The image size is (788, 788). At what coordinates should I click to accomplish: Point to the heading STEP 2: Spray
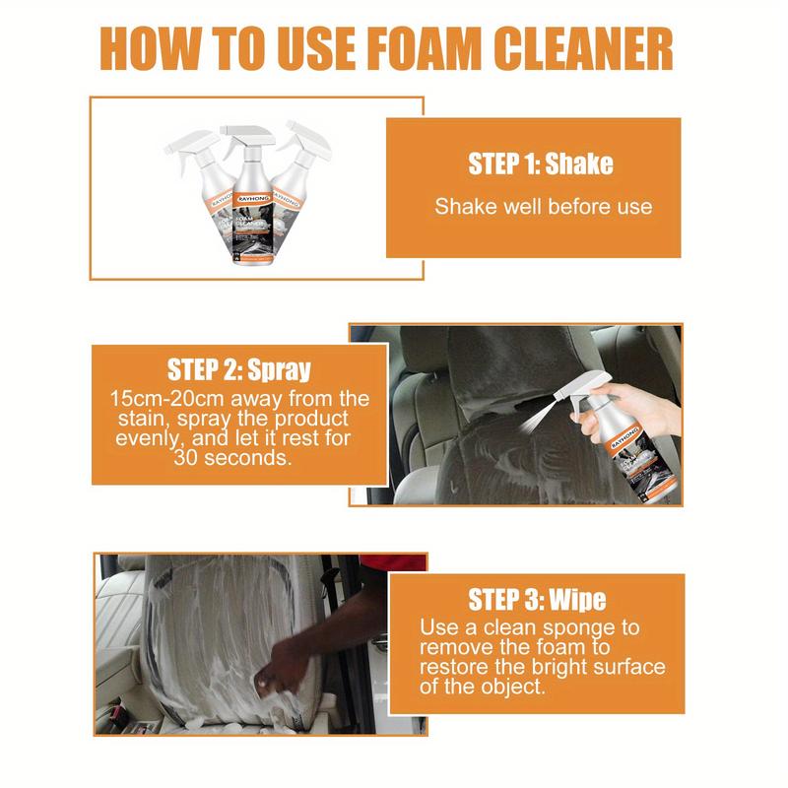[x=239, y=370]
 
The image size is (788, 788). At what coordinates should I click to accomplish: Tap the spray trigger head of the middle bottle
[x=242, y=133]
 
